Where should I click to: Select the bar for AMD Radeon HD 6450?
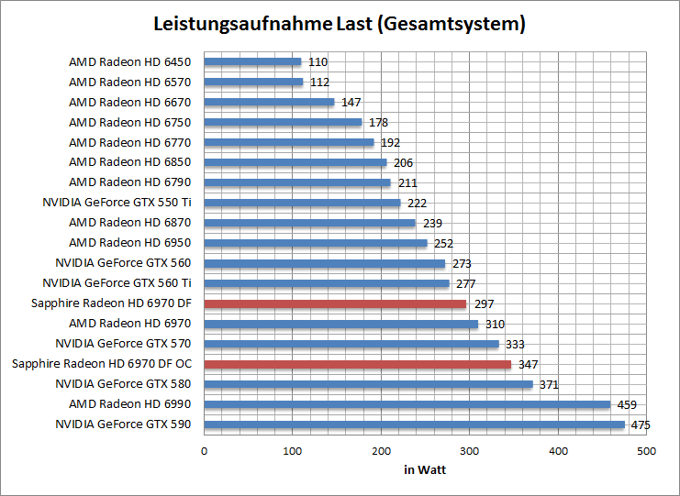pos(252,62)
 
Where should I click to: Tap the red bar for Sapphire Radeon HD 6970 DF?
pos(335,304)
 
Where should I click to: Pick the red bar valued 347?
pos(357,365)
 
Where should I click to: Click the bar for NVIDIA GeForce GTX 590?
pos(414,425)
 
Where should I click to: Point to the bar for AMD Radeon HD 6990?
pos(407,405)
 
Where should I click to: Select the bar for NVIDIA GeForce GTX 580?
pos(368,385)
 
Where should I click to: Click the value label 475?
pos(640,425)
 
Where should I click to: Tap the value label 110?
pos(317,62)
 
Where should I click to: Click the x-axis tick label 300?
pos(469,451)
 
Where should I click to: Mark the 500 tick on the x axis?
pos(646,451)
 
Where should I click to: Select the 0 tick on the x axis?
pos(204,451)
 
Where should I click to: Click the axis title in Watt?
pos(425,470)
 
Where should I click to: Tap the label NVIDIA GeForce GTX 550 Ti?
pos(117,204)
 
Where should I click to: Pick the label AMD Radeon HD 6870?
pos(129,224)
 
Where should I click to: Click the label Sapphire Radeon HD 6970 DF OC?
pos(101,365)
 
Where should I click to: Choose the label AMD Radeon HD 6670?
pos(129,103)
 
